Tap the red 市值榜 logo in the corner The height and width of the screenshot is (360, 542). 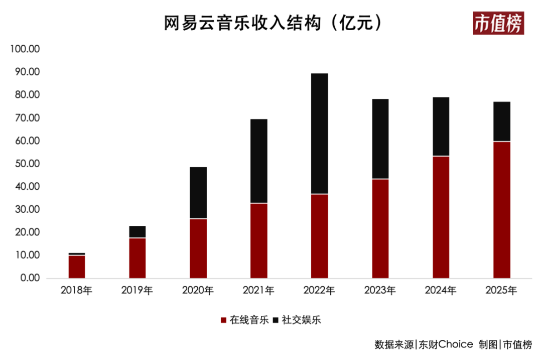(x=498, y=24)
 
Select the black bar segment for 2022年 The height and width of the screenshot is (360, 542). (x=319, y=134)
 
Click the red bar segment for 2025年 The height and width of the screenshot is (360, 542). (x=501, y=210)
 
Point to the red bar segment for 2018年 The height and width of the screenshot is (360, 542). (x=77, y=267)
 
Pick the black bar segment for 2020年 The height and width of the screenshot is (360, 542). (x=198, y=193)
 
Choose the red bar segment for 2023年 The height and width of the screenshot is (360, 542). (x=380, y=228)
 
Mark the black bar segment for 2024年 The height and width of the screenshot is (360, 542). (x=441, y=127)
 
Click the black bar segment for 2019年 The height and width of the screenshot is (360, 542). (x=138, y=232)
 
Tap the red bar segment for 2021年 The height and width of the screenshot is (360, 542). (x=259, y=241)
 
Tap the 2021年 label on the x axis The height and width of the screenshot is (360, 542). (x=258, y=290)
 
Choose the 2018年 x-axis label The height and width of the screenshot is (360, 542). (x=76, y=290)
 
